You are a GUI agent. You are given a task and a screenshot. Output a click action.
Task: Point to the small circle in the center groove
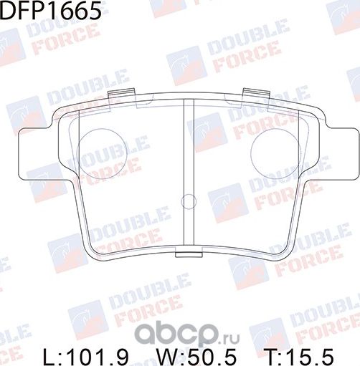188,201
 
